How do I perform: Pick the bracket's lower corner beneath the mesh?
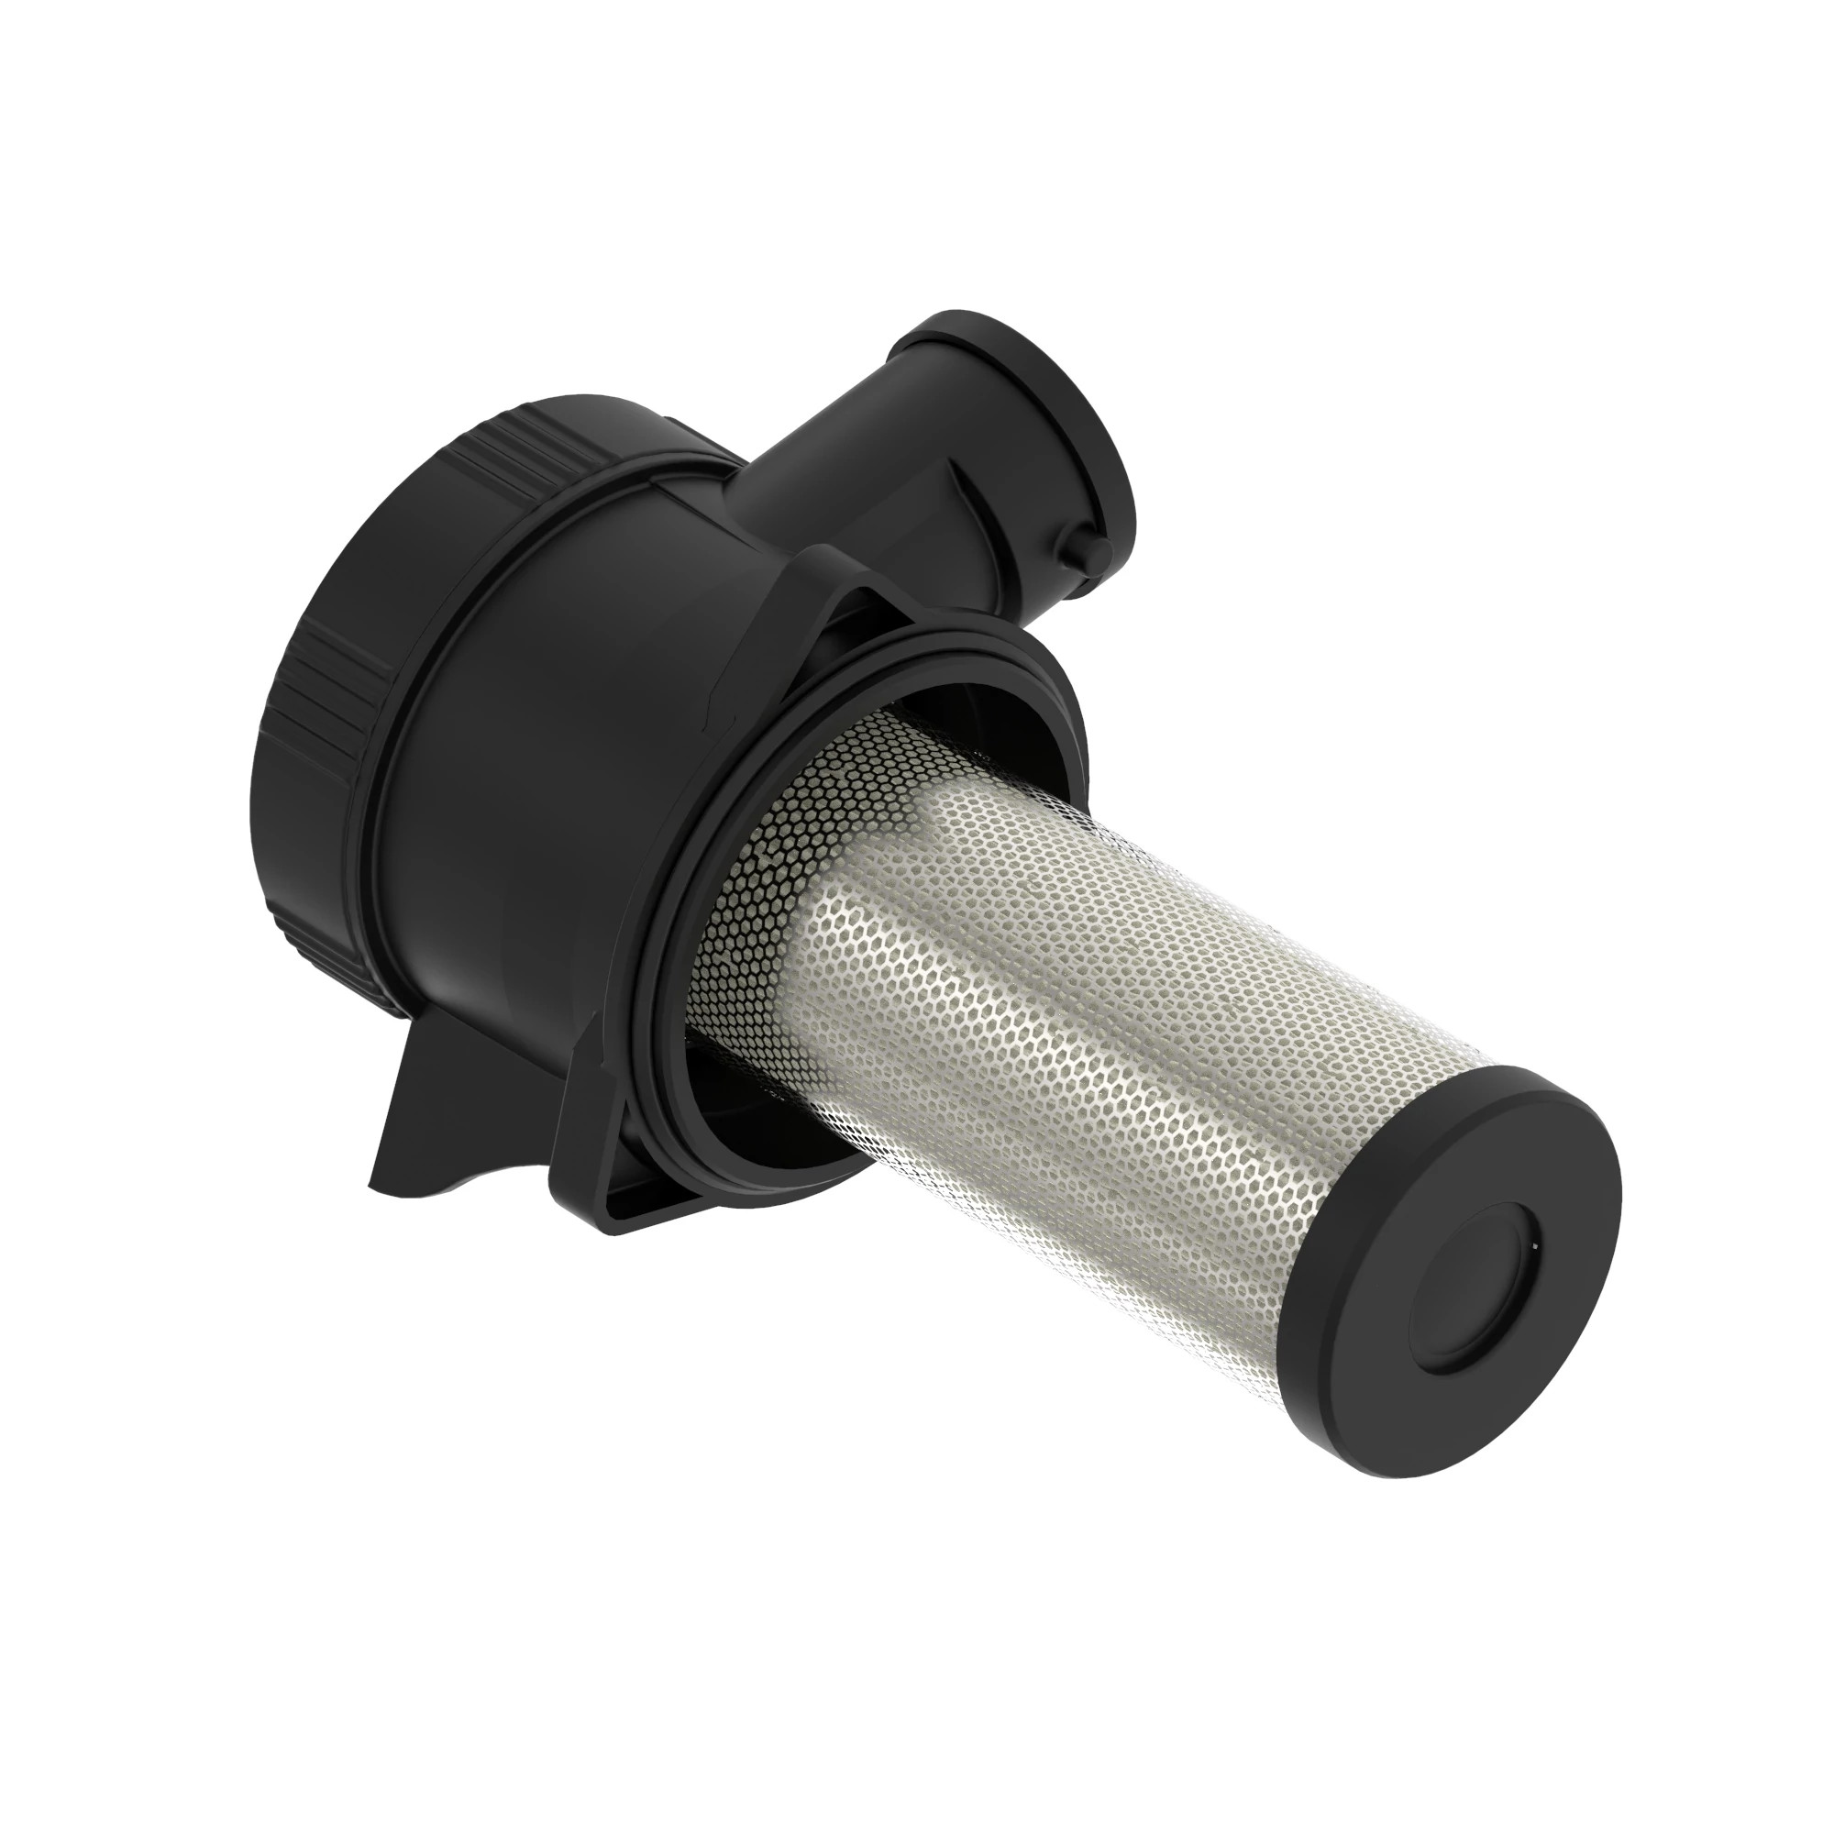(608, 1206)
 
